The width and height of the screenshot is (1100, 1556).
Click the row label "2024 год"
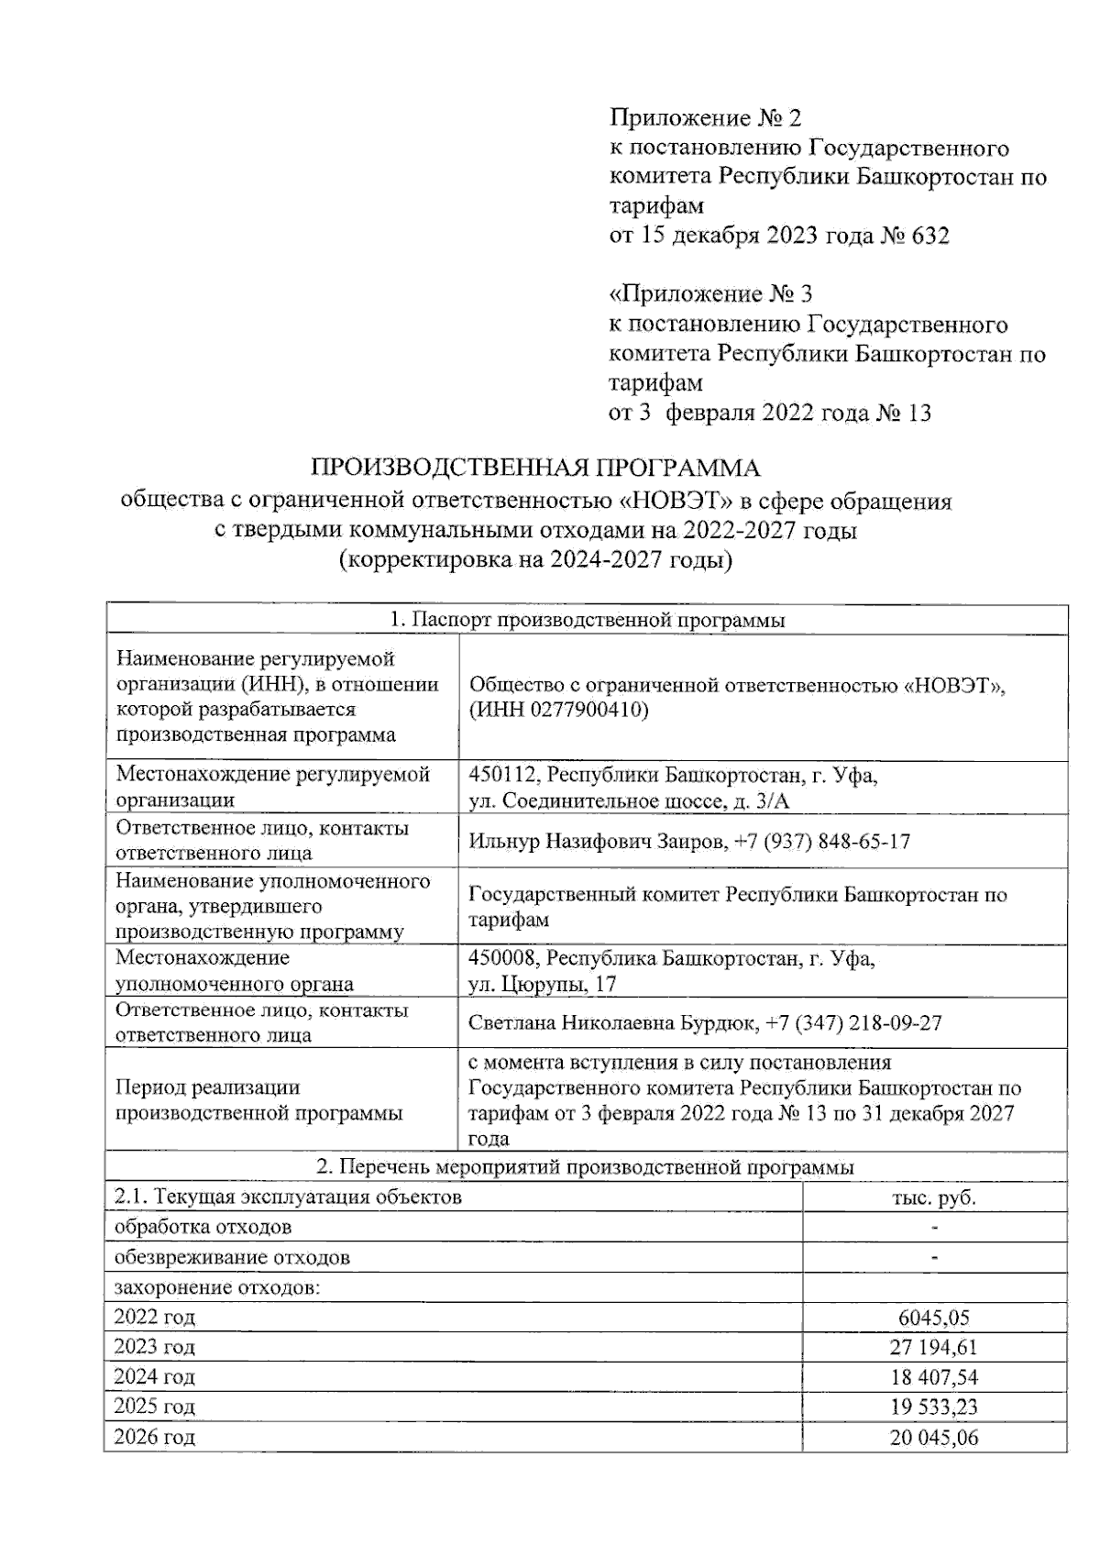pos(154,1377)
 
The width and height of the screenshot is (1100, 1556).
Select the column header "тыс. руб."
pos(934,1197)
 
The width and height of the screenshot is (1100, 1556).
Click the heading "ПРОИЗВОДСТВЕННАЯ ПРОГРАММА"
pos(536,469)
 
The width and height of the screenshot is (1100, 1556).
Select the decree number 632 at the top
pos(930,236)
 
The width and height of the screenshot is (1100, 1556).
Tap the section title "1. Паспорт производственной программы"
pos(587,621)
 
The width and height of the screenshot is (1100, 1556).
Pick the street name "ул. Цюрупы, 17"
pos(542,985)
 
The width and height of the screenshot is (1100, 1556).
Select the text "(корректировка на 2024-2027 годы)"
pos(536,560)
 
